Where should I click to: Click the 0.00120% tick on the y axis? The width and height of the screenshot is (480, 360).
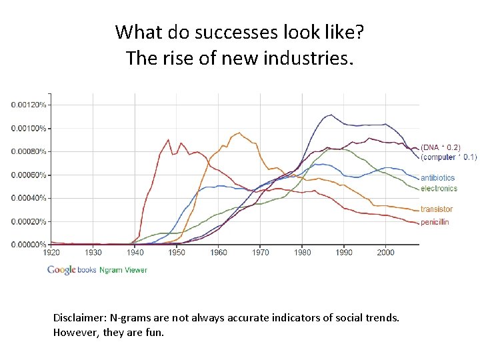tap(29, 105)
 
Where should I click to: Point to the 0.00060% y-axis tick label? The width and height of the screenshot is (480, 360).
tap(29, 175)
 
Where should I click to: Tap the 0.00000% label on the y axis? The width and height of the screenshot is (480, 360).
tap(29, 245)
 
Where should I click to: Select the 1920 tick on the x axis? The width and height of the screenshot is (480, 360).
tap(51, 253)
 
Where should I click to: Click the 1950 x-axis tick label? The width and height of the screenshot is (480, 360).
tap(177, 253)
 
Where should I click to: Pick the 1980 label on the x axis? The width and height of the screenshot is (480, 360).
tap(302, 253)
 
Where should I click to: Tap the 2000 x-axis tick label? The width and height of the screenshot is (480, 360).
tap(386, 253)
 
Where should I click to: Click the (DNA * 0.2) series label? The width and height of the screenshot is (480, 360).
tap(440, 147)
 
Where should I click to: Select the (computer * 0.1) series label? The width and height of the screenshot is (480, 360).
tap(448, 157)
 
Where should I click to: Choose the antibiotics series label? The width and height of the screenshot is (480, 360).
tap(437, 178)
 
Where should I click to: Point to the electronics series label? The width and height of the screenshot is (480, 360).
tap(439, 189)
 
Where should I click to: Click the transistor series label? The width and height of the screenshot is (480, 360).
tap(437, 209)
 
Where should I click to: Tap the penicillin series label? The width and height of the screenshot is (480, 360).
tap(435, 221)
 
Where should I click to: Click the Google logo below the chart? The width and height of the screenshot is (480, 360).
tap(61, 270)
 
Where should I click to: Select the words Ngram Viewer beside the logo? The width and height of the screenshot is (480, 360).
tap(123, 270)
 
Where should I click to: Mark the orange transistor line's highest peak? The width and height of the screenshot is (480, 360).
tap(239, 133)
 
